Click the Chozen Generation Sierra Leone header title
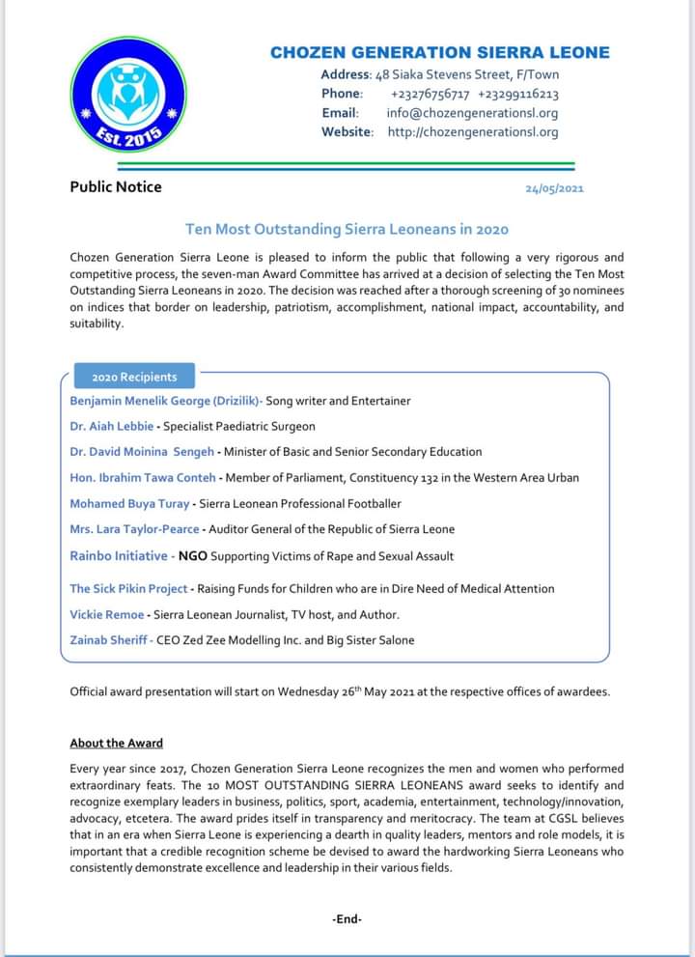click(x=439, y=53)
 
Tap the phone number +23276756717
click(x=430, y=94)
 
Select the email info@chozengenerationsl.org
click(x=479, y=113)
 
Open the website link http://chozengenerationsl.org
click(x=473, y=132)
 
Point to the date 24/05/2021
click(x=554, y=188)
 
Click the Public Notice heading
click(x=116, y=186)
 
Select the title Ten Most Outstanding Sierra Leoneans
click(x=347, y=229)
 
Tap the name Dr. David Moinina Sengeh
click(x=143, y=451)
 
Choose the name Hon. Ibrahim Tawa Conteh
click(x=143, y=477)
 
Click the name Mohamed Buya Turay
click(x=130, y=503)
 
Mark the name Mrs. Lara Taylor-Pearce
click(x=134, y=529)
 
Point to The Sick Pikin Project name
click(x=128, y=588)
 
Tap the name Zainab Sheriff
click(x=110, y=639)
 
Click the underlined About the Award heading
click(x=116, y=743)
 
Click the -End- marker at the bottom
click(x=347, y=918)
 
